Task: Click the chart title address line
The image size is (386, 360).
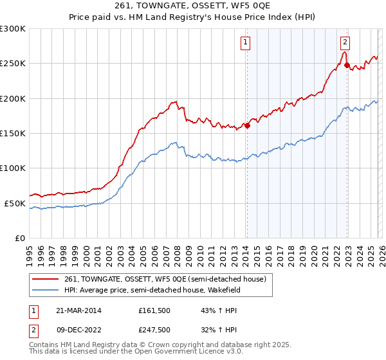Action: (x=193, y=7)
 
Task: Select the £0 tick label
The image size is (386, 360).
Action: (x=21, y=238)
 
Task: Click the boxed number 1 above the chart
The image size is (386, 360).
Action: (x=246, y=43)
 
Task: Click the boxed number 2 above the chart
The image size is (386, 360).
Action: (x=345, y=43)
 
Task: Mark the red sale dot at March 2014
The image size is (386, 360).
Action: (x=247, y=125)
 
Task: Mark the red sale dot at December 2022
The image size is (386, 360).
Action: (x=347, y=66)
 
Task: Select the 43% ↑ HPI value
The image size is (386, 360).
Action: (x=210, y=310)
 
